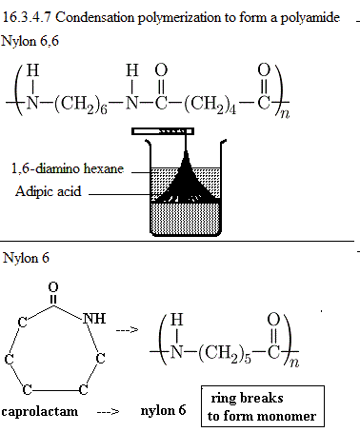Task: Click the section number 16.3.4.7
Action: pos(27,17)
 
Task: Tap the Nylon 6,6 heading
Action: pos(30,41)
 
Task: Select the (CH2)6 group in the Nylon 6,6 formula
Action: pos(80,104)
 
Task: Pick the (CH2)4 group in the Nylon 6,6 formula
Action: pos(210,104)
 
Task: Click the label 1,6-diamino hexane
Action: pos(68,168)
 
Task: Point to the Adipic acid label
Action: pos(49,191)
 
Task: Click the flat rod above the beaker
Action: pos(163,131)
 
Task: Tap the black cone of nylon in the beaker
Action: pos(186,184)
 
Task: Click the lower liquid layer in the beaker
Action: pos(186,218)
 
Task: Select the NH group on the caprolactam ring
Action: pos(94,318)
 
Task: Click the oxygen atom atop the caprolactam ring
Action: pos(53,287)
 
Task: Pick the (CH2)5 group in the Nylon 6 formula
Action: pos(225,353)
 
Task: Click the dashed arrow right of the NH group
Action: pos(127,330)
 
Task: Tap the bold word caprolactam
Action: pos(40,411)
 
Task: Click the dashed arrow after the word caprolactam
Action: pos(108,412)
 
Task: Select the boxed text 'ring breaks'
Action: pos(247,398)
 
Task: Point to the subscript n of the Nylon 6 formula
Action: pos(294,363)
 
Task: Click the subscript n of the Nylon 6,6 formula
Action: pos(285,113)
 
